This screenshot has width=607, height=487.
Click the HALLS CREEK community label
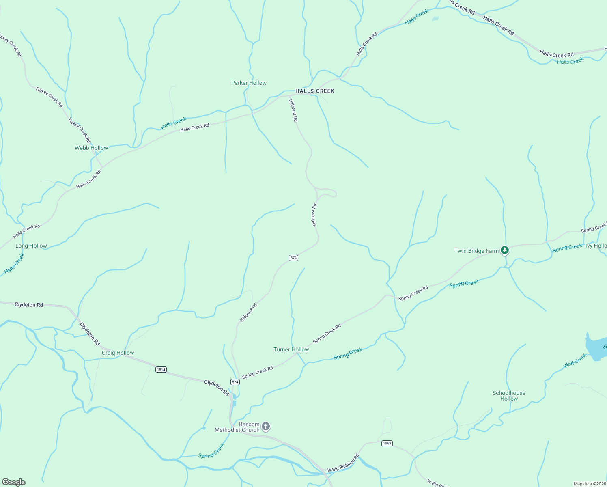315,91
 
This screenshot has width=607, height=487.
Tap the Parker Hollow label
249,83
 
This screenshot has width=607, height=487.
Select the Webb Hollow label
91,148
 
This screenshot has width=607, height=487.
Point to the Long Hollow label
31,246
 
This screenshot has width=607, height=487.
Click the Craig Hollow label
118,353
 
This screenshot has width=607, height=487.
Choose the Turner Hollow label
291,349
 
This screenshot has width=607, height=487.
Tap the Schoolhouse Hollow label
509,396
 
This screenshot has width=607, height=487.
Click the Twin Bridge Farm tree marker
504,250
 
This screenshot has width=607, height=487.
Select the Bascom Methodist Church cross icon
266,427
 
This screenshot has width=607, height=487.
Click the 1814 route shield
161,369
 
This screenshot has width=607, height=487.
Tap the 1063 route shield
387,443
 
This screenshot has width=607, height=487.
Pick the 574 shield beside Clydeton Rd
235,382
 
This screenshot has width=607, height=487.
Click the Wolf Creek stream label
575,361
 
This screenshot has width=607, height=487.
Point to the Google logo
13,482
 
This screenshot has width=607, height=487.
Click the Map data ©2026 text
589,484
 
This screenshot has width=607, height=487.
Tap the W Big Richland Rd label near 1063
343,463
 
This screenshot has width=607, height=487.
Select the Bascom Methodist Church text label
237,427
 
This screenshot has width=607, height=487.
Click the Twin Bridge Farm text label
476,251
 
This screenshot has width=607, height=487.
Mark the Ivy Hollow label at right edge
596,246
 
